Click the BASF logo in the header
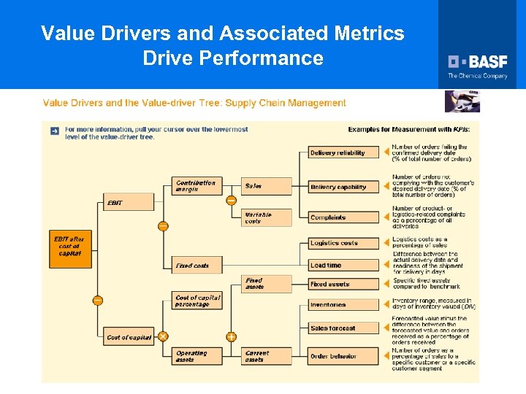[478, 63]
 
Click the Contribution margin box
[197, 186]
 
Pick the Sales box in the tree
[267, 186]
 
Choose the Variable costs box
[267, 217]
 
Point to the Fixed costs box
[197, 266]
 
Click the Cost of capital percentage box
[197, 301]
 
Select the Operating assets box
[197, 356]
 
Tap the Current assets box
[267, 356]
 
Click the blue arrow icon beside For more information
[55, 131]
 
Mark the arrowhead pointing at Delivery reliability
[386, 152]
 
